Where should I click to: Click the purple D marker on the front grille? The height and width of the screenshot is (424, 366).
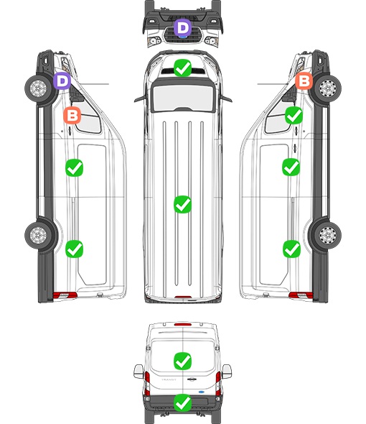pos(182,27)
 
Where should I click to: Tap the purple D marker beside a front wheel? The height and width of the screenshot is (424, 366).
pos(62,80)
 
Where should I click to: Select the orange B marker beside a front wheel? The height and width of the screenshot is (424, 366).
pos(304,80)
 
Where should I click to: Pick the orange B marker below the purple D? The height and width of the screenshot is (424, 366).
pos(72,115)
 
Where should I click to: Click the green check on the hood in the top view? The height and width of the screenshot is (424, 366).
pos(182,68)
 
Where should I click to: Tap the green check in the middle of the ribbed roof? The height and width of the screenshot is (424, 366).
pos(182,204)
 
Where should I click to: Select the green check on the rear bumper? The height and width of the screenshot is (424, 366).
pos(182,403)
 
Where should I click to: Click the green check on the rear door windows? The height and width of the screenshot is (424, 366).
pos(182,361)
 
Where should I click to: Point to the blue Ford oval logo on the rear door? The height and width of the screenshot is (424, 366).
pos(202,392)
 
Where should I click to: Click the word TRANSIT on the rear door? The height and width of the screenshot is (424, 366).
pos(169,379)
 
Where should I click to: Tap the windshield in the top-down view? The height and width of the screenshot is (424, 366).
pos(183,98)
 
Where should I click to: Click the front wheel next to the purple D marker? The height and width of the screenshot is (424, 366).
pos(38,88)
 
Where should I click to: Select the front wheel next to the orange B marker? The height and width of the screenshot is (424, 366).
pos(327,88)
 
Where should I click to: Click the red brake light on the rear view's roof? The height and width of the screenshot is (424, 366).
pos(183,324)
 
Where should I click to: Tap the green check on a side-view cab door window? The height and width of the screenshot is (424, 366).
pos(294,115)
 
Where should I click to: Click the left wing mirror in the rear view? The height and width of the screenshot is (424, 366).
pos(139,372)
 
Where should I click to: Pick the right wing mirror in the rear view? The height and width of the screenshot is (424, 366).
pos(227,372)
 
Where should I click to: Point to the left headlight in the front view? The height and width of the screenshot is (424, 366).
pos(154,41)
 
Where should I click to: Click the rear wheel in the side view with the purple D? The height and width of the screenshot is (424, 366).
pos(38,235)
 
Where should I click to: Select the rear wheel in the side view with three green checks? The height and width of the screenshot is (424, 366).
pos(327,235)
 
